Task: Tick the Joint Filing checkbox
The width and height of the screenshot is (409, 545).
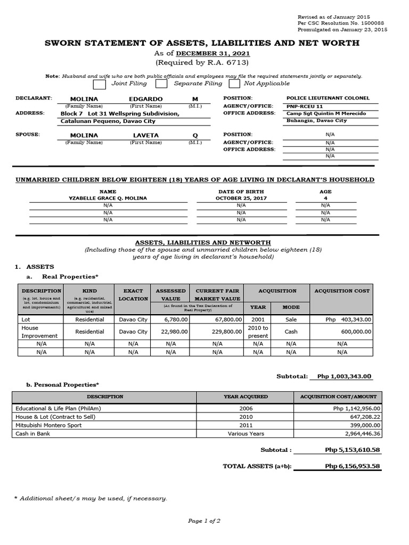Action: pos(99,84)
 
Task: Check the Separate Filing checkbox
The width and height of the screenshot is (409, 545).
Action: pos(161,84)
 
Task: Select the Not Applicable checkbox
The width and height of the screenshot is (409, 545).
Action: pos(234,84)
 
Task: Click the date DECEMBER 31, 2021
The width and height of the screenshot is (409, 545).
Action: pos(213,53)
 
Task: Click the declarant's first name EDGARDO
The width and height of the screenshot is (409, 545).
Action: pos(145,99)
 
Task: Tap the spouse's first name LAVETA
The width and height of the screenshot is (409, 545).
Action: pos(145,135)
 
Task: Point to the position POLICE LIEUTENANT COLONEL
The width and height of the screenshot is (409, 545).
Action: pos(328,98)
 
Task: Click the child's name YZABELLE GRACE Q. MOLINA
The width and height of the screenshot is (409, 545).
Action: pos(108,198)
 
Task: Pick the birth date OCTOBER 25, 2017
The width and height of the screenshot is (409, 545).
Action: pos(241,198)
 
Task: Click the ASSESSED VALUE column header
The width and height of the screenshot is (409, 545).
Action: pos(170,295)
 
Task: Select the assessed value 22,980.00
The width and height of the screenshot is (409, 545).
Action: pos(170,332)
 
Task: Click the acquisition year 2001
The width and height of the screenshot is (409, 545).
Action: pos(258,319)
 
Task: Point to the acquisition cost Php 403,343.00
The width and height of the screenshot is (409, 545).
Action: pos(348,319)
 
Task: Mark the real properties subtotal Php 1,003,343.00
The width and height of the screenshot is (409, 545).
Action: pos(344,376)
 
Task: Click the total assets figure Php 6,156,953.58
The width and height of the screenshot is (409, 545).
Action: pos(352,467)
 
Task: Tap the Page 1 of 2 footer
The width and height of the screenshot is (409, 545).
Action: pos(204,521)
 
